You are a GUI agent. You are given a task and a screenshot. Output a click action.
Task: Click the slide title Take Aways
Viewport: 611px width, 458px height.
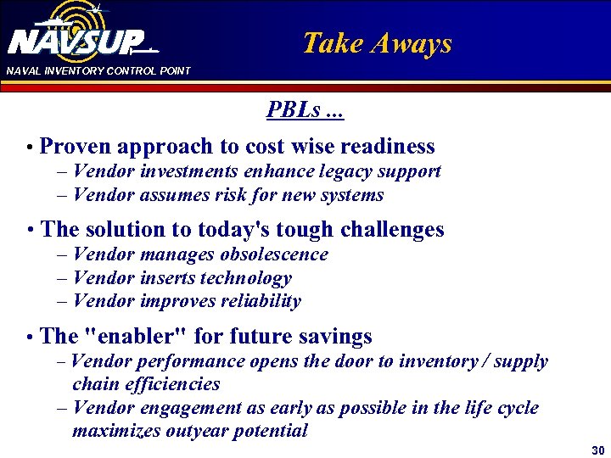(x=377, y=43)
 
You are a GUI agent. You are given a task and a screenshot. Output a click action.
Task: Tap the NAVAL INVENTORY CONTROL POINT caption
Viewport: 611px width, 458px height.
(x=98, y=70)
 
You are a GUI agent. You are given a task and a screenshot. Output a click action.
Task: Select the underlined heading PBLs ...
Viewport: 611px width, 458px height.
(x=305, y=110)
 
